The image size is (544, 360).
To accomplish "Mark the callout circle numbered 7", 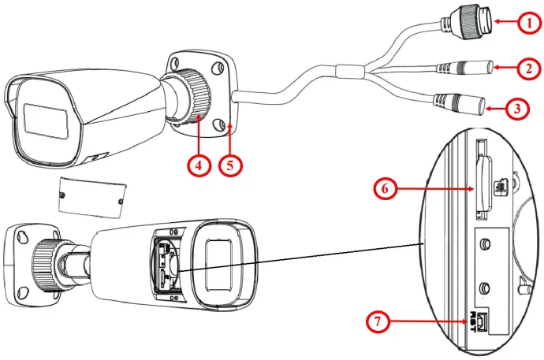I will click(381, 321).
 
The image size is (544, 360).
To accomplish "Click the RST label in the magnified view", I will click(475, 318).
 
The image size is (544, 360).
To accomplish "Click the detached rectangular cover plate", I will click(93, 196).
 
